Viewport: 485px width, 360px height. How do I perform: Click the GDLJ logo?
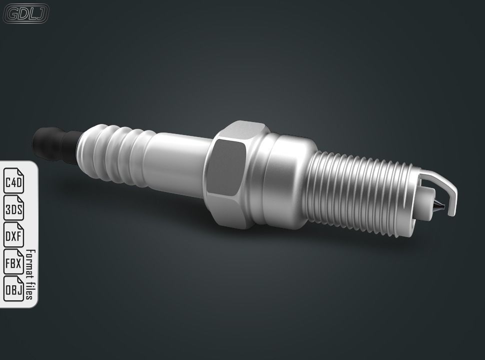(x=26, y=14)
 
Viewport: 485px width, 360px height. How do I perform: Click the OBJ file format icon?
(x=14, y=288)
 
